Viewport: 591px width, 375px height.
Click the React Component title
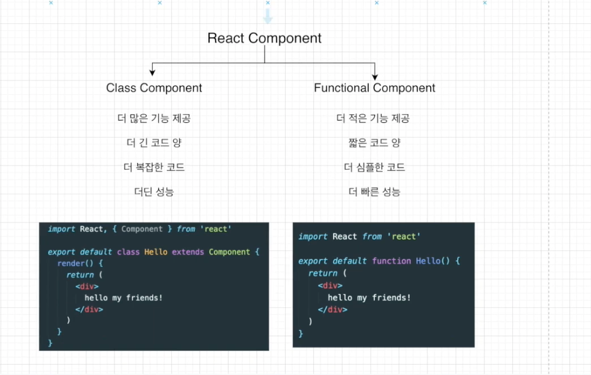pyautogui.click(x=264, y=38)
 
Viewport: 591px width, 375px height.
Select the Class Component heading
pyautogui.click(x=154, y=88)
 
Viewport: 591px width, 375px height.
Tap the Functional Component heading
pyautogui.click(x=374, y=88)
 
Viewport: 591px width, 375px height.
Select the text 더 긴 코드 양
pyautogui.click(x=154, y=143)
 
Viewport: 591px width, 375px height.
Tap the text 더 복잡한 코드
pyautogui.click(x=154, y=167)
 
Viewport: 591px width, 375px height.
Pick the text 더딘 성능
pyautogui.click(x=154, y=192)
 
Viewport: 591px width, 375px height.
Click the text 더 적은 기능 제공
pyautogui.click(x=372, y=119)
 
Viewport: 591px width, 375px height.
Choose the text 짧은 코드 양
pyautogui.click(x=374, y=143)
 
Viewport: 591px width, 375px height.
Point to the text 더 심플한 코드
pyautogui.click(x=374, y=167)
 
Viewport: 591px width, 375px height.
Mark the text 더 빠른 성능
pyautogui.click(x=374, y=192)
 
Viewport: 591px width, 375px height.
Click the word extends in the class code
pyautogui.click(x=188, y=252)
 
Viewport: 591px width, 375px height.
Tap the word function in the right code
pyautogui.click(x=391, y=261)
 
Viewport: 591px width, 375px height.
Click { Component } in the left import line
pyautogui.click(x=142, y=229)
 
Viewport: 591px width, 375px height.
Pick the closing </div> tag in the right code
pyautogui.click(x=332, y=310)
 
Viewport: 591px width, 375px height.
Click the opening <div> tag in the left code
pyautogui.click(x=87, y=286)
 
